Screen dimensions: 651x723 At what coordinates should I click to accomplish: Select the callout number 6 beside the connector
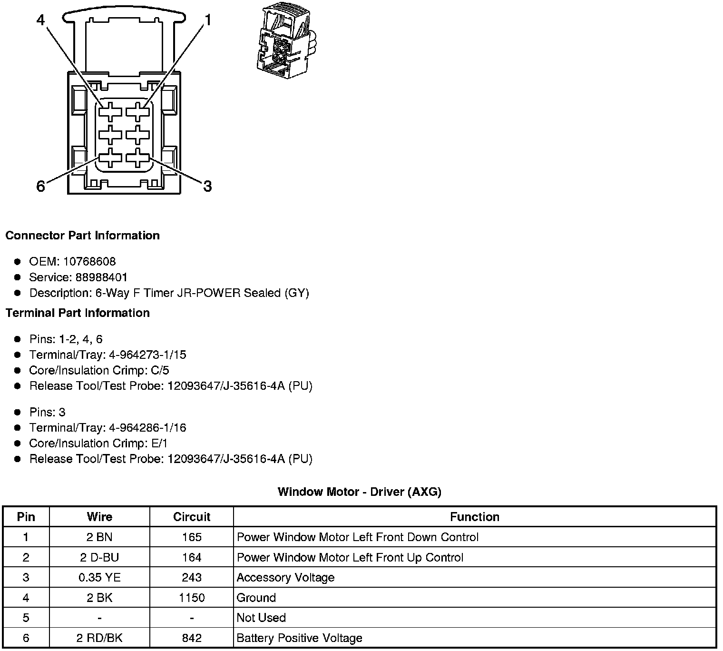41,186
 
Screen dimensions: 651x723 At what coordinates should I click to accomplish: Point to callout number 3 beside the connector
207,186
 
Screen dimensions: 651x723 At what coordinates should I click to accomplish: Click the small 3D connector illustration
284,41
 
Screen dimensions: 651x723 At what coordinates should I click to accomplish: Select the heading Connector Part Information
82,236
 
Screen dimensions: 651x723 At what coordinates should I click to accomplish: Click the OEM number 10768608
89,262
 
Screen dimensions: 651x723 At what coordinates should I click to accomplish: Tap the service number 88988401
101,277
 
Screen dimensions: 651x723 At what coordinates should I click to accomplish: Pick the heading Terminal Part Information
78,313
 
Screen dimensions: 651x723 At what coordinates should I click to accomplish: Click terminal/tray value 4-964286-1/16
147,428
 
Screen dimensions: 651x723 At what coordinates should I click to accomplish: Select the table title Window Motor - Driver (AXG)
359,492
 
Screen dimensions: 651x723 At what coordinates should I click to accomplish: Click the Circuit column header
191,517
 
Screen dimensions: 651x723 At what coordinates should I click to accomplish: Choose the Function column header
474,517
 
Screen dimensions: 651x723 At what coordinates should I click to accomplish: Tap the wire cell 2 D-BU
99,557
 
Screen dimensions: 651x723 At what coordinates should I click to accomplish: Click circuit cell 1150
191,598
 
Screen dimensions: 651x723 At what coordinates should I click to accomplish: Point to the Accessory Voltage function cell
285,578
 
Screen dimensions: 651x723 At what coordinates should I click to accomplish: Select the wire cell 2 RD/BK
99,638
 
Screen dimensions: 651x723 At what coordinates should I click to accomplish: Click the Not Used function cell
261,618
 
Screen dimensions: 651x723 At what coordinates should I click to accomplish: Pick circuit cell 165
191,537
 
